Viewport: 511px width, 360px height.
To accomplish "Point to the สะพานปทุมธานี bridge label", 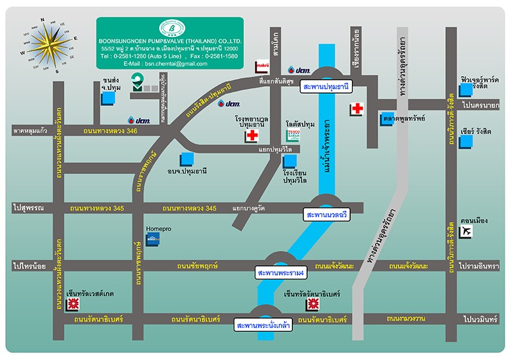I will pos(326,86).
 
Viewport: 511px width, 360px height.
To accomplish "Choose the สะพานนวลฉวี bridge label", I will pos(327,215).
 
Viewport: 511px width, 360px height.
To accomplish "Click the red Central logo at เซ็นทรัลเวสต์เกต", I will pos(73,304).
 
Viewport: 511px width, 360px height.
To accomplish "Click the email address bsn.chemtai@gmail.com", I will pos(165,64).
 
